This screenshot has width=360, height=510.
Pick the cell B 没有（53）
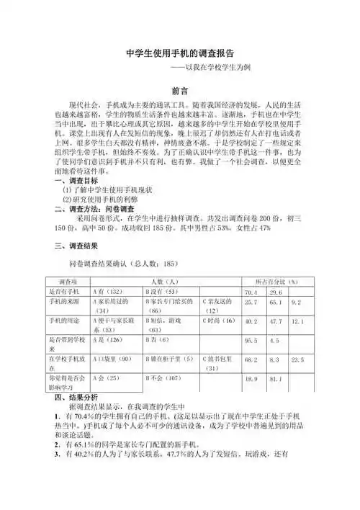pos(161,291)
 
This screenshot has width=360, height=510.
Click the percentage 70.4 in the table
pos(251,292)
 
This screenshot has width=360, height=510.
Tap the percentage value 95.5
pos(251,339)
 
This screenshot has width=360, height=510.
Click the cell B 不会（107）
pos(163,377)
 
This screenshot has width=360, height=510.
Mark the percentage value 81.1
pos(274,378)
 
